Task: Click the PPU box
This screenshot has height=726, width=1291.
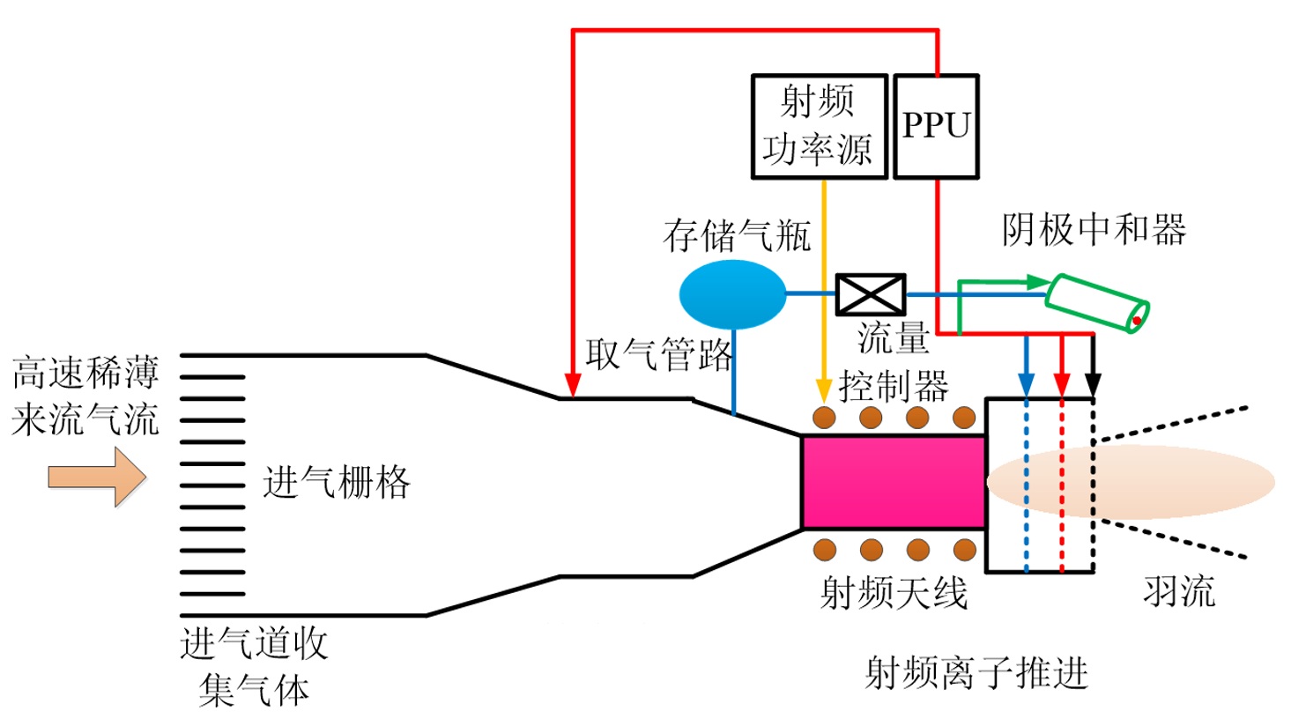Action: pyautogui.click(x=936, y=127)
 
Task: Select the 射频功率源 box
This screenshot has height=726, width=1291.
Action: pyautogui.click(x=819, y=127)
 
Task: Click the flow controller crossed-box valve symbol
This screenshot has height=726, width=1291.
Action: pyautogui.click(x=870, y=294)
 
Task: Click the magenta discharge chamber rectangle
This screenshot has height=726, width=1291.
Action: pyautogui.click(x=893, y=482)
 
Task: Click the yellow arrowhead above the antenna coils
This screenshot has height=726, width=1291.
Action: pyautogui.click(x=824, y=389)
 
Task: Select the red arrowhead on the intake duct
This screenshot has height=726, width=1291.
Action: pyautogui.click(x=573, y=385)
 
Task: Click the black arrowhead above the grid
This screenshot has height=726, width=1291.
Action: pyautogui.click(x=1093, y=385)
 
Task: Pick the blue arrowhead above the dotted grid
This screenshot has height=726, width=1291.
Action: pyautogui.click(x=1026, y=385)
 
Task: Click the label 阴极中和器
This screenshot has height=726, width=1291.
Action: pyautogui.click(x=1094, y=231)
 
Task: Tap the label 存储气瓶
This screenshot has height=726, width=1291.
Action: pyautogui.click(x=737, y=235)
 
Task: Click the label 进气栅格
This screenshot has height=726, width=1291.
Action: pyautogui.click(x=336, y=483)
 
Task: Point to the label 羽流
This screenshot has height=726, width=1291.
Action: pyautogui.click(x=1179, y=591)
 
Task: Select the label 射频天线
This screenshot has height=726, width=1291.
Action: pyautogui.click(x=894, y=593)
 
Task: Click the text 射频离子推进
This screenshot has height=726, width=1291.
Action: pyautogui.click(x=976, y=673)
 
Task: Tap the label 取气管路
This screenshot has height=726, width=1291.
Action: pyautogui.click(x=659, y=355)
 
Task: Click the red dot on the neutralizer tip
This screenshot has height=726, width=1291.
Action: pyautogui.click(x=1137, y=321)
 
